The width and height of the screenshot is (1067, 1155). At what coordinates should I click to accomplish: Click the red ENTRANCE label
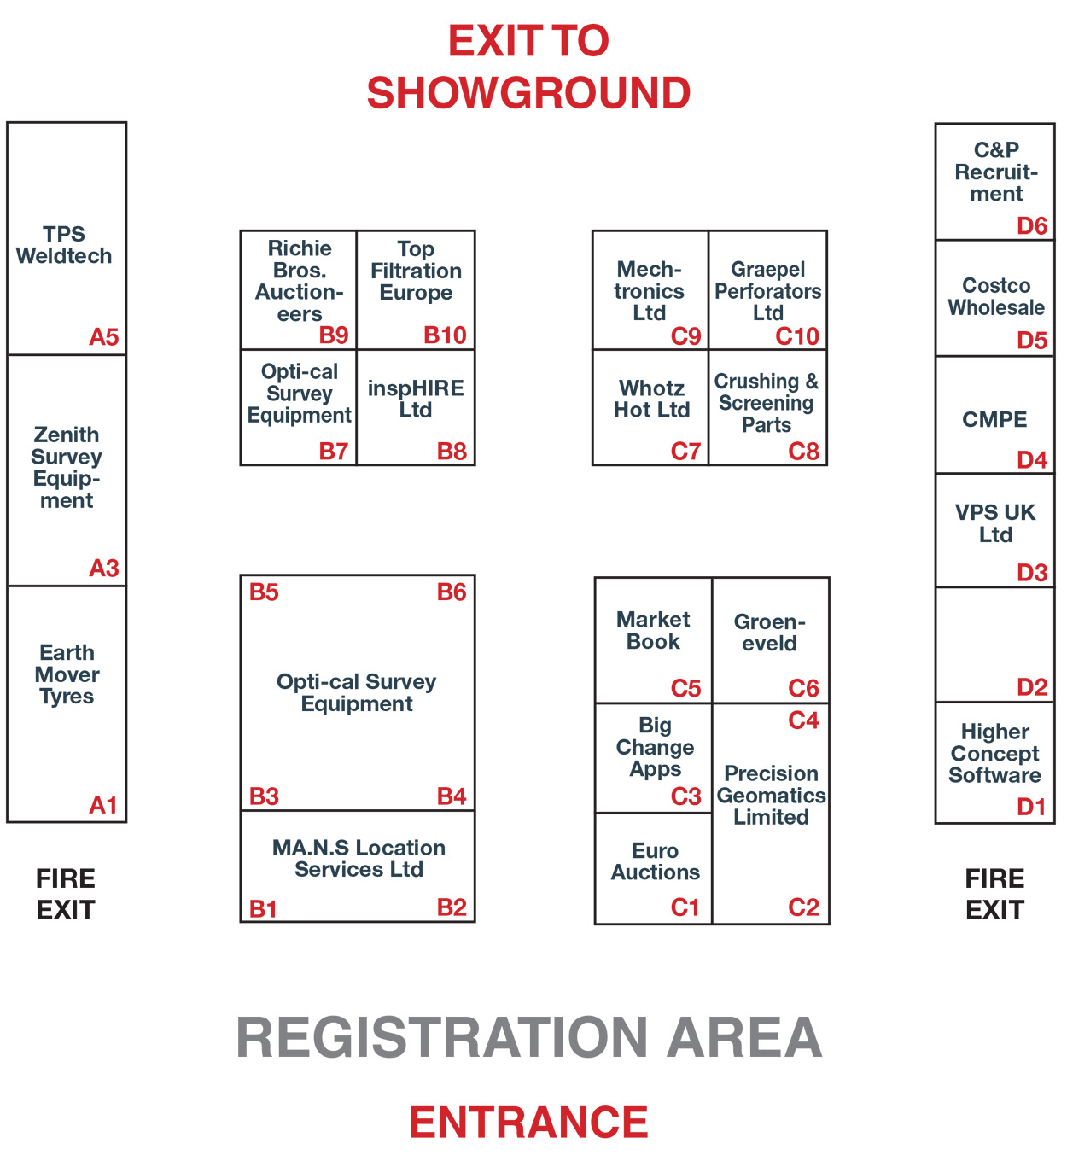pyautogui.click(x=528, y=1122)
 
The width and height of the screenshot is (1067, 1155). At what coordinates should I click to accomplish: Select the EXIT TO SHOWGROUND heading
pyautogui.click(x=528, y=67)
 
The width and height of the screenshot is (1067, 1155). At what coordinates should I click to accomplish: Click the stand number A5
pyautogui.click(x=103, y=336)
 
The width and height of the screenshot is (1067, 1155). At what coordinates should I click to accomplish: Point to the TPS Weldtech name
pyautogui.click(x=64, y=245)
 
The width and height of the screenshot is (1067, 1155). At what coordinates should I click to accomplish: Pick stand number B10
pyautogui.click(x=445, y=335)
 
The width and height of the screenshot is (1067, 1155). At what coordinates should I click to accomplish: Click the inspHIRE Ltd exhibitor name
pyautogui.click(x=416, y=399)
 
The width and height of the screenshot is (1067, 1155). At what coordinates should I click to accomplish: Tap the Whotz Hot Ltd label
pyautogui.click(x=651, y=399)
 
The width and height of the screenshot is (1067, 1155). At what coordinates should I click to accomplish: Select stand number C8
pyautogui.click(x=803, y=452)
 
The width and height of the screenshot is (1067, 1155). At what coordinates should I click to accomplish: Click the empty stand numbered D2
pyautogui.click(x=994, y=645)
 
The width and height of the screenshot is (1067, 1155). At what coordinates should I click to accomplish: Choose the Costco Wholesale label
pyautogui.click(x=996, y=296)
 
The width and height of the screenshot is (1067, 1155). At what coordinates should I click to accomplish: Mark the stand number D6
pyautogui.click(x=1031, y=225)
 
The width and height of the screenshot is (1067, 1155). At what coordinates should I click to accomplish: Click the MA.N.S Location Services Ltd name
pyautogui.click(x=359, y=859)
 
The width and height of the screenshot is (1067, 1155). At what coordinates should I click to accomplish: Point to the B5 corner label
pyautogui.click(x=264, y=592)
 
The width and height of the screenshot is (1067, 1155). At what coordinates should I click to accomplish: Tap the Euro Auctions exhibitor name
pyautogui.click(x=655, y=861)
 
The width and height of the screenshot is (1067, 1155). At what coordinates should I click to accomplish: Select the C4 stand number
pyautogui.click(x=803, y=720)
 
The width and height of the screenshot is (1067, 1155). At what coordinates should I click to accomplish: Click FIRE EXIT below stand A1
pyautogui.click(x=66, y=894)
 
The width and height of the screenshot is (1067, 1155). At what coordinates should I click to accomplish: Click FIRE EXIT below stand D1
pyautogui.click(x=994, y=894)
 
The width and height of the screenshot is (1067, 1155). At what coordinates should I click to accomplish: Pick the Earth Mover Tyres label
pyautogui.click(x=67, y=674)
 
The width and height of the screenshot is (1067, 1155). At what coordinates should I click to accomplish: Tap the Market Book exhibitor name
pyautogui.click(x=653, y=630)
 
